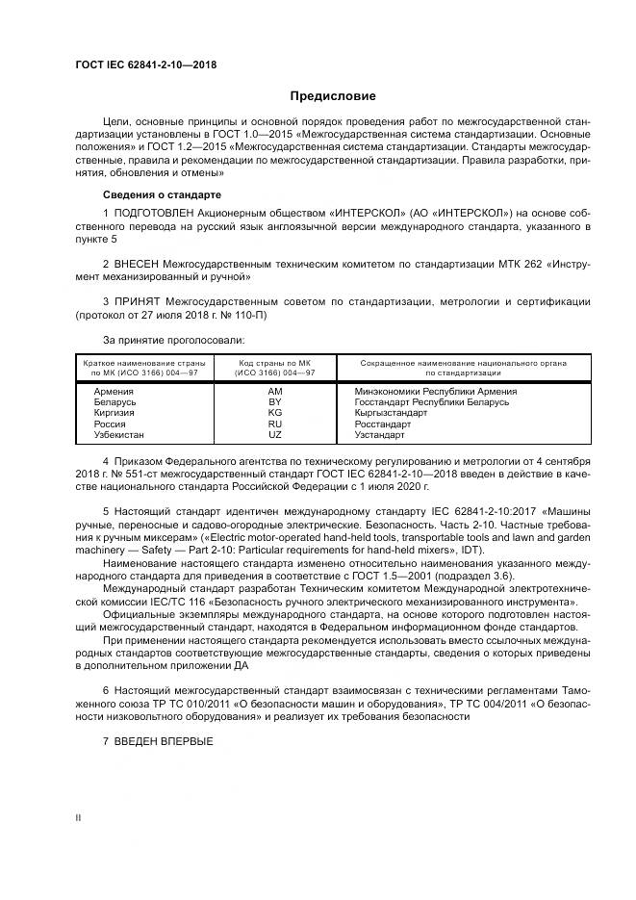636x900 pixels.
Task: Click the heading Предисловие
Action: click(x=333, y=96)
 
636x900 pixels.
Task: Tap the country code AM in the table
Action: click(x=274, y=392)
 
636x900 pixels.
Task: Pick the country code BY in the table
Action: click(x=274, y=402)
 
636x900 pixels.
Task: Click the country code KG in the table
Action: click(x=274, y=413)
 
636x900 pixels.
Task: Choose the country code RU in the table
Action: click(x=274, y=424)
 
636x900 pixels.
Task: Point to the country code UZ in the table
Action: click(x=274, y=434)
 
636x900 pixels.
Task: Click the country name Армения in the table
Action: click(x=114, y=392)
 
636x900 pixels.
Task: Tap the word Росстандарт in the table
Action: click(x=383, y=424)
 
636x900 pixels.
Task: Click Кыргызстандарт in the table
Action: click(x=390, y=413)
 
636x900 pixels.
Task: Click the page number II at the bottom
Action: click(x=79, y=816)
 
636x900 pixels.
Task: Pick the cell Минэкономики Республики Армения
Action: click(x=436, y=392)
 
